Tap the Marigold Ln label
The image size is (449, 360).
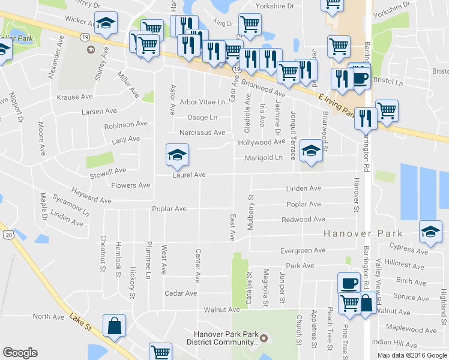[262, 158]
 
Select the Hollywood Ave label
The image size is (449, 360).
[261, 142]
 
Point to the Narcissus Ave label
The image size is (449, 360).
[202, 133]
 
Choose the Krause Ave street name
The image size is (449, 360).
[74, 97]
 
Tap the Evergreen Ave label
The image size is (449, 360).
[303, 250]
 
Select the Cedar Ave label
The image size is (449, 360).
[181, 293]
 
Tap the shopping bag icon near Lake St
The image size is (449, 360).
[114, 326]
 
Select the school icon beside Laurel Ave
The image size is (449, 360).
[177, 155]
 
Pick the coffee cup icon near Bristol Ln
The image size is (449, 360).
[360, 79]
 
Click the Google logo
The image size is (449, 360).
[20, 353]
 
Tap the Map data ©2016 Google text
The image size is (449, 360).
[412, 355]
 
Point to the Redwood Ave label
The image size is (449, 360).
[304, 220]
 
